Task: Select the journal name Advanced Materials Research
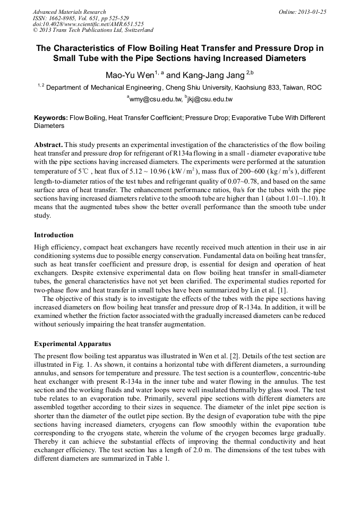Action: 69,12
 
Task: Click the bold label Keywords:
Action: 51,118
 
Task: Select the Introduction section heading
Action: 54,235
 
